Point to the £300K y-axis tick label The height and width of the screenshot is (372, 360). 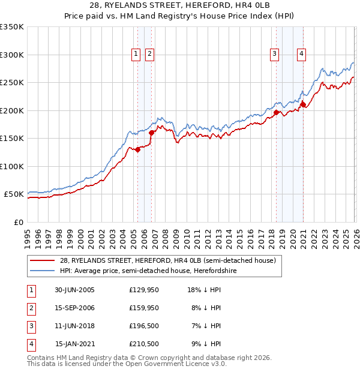pos(12,55)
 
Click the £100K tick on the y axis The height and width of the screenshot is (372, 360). pos(12,166)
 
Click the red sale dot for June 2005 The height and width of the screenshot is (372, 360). pos(138,150)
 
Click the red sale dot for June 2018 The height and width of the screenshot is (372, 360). pos(275,112)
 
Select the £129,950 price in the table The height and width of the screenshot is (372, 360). pos(144,290)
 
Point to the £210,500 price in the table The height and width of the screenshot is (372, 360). pos(144,344)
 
